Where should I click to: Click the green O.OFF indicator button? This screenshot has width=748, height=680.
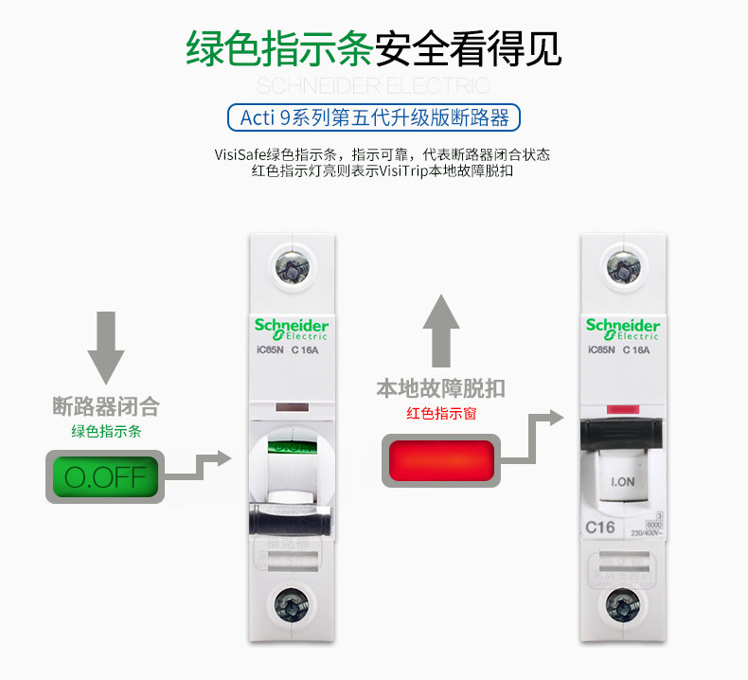point(105,476)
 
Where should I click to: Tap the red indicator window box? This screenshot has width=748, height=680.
point(441,460)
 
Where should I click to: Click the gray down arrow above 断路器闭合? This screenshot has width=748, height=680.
point(106,348)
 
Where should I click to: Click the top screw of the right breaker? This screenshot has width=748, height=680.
point(622,267)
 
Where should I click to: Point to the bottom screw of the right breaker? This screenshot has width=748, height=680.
point(622,602)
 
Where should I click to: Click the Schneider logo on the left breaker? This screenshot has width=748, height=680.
point(290,328)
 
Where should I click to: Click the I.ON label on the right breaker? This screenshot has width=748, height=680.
point(622,481)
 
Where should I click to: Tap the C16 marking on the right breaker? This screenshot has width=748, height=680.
point(600,528)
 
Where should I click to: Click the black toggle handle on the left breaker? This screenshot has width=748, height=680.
point(290,522)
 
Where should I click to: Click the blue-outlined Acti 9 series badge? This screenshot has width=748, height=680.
point(375,117)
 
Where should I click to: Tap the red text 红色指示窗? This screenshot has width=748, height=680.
point(441,413)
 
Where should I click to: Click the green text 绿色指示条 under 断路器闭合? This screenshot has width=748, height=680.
point(105,431)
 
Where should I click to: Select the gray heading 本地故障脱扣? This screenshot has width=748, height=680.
point(441,388)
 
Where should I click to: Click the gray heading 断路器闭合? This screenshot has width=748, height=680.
point(105,407)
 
